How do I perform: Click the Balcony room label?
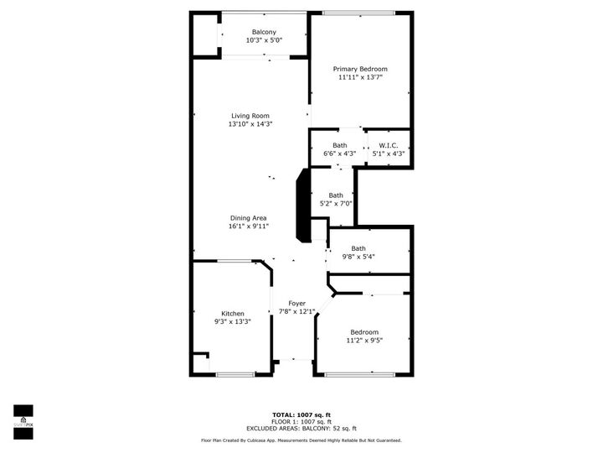pyautogui.click(x=264, y=32)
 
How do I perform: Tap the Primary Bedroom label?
pyautogui.click(x=360, y=69)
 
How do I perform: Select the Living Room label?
pyautogui.click(x=250, y=116)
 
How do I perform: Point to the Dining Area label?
pyautogui.click(x=248, y=218)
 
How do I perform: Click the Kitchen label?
pyautogui.click(x=233, y=313)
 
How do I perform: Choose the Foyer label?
pyautogui.click(x=296, y=303)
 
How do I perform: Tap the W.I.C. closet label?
pyautogui.click(x=388, y=145)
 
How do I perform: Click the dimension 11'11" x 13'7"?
pyautogui.click(x=360, y=77)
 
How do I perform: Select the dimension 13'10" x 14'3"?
pyautogui.click(x=250, y=124)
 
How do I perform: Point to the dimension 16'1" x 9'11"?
pyautogui.click(x=248, y=226)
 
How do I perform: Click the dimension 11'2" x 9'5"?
pyautogui.click(x=363, y=341)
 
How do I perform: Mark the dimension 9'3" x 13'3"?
pyautogui.click(x=233, y=321)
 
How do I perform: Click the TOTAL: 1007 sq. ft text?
pyautogui.click(x=301, y=414)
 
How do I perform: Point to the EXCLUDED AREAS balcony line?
pyautogui.click(x=301, y=428)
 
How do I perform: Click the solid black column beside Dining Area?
pyautogui.click(x=302, y=206)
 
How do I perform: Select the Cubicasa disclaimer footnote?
pyautogui.click(x=301, y=440)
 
